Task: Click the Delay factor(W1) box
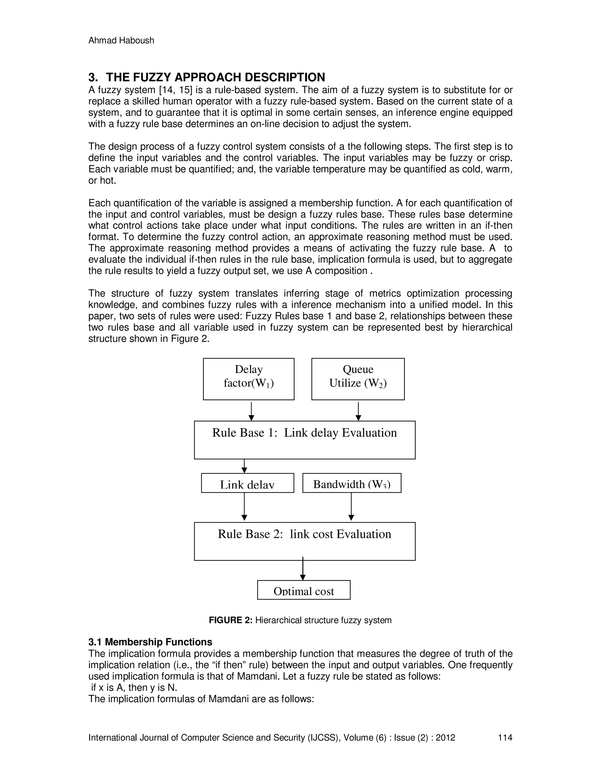(x=249, y=379)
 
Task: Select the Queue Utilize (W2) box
(x=358, y=379)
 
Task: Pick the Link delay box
(x=247, y=483)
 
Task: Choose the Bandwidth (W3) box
(x=352, y=483)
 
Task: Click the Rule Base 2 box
(x=304, y=541)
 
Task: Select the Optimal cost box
(x=304, y=590)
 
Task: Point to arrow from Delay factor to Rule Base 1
(x=251, y=411)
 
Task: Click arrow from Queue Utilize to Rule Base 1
(x=358, y=411)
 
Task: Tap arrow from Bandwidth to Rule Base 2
(x=351, y=506)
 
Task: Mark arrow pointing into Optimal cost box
(x=303, y=569)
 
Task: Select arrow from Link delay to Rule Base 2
(x=244, y=506)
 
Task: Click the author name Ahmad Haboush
(x=121, y=40)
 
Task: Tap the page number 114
(x=505, y=737)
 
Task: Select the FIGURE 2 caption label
(x=230, y=620)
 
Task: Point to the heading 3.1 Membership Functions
(x=150, y=642)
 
